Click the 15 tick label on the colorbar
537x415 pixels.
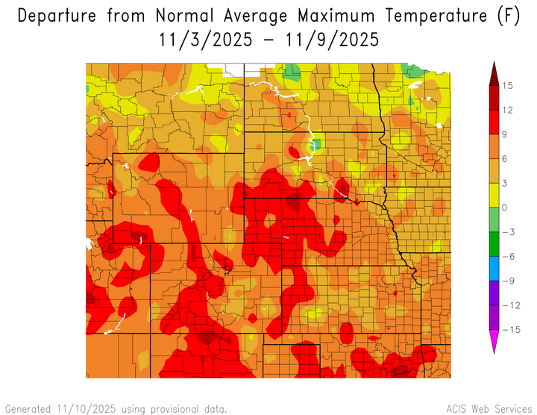click(507, 86)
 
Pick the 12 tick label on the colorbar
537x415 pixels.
click(507, 110)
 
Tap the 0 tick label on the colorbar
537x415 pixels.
click(507, 207)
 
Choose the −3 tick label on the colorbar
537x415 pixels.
click(507, 232)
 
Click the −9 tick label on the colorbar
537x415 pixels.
click(507, 281)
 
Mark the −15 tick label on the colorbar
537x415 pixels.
click(507, 329)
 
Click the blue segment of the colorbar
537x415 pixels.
click(494, 269)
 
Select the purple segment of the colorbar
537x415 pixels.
click(494, 293)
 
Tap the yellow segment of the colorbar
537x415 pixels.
click(494, 196)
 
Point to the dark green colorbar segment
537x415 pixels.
click(494, 244)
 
